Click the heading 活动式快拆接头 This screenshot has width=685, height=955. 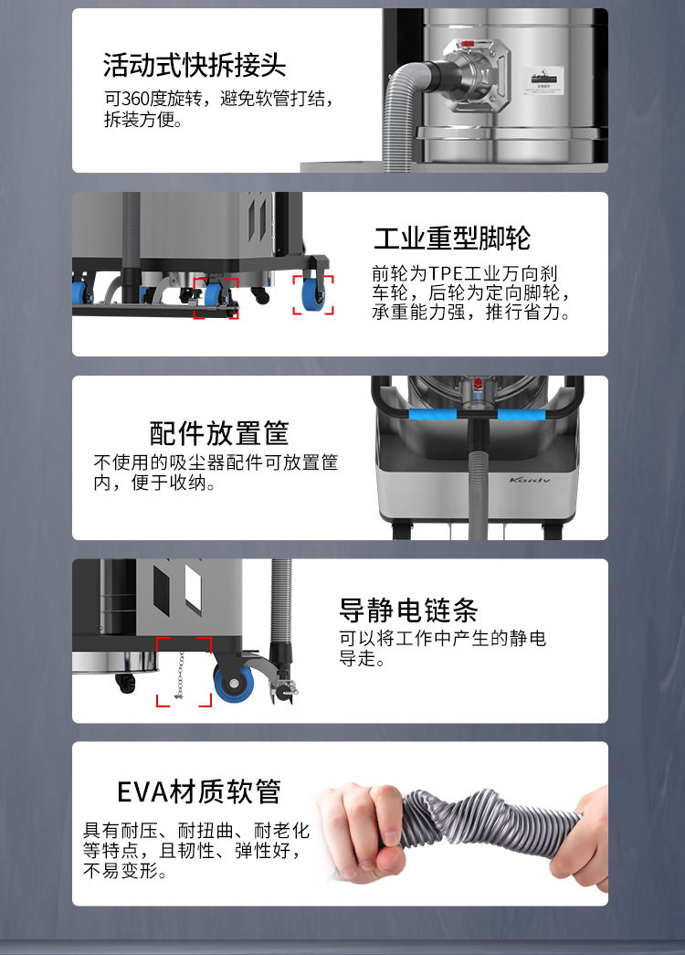pyautogui.click(x=195, y=65)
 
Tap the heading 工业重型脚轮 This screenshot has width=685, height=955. pyautogui.click(x=452, y=238)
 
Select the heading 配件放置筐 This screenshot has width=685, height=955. pyautogui.click(x=219, y=433)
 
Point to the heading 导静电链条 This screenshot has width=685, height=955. pyautogui.click(x=408, y=610)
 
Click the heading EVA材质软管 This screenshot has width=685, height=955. pyautogui.click(x=198, y=791)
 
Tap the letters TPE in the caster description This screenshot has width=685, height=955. pyautogui.click(x=446, y=273)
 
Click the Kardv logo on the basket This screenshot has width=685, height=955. pyautogui.click(x=530, y=480)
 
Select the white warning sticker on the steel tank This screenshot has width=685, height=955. pyautogui.click(x=543, y=81)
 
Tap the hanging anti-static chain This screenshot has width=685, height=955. pyautogui.click(x=179, y=674)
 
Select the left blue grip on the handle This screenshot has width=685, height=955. pyautogui.click(x=432, y=415)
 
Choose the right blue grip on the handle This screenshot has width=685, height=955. pyautogui.click(x=522, y=415)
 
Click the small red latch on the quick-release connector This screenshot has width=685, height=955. pyautogui.click(x=468, y=44)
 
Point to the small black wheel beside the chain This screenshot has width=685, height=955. pyautogui.click(x=125, y=683)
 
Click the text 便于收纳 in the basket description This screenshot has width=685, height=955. pyautogui.click(x=169, y=483)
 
